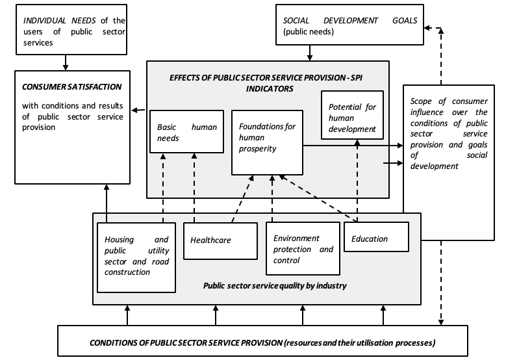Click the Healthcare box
220,241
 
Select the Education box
376,237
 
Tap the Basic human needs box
187,131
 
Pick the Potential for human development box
353,115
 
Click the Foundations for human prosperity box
267,142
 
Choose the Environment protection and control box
303,248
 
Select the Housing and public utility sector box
136,257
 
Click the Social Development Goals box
350,25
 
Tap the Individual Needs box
71,29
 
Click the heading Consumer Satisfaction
71,87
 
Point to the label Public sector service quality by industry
275,286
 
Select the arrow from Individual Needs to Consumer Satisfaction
66,62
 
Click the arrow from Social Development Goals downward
310,53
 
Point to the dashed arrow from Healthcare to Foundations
243,199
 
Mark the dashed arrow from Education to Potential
357,181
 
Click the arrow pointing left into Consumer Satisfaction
138,110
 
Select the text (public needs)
309,32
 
